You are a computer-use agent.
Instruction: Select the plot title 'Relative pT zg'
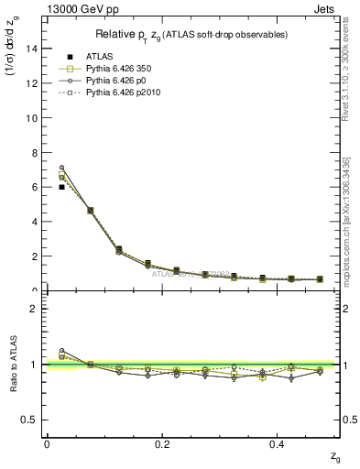(x=193, y=35)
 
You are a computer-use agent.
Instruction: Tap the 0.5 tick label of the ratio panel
(x=34, y=420)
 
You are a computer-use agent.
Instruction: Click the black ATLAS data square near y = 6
(x=61, y=187)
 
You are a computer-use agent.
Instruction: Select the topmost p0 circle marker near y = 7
(x=61, y=168)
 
